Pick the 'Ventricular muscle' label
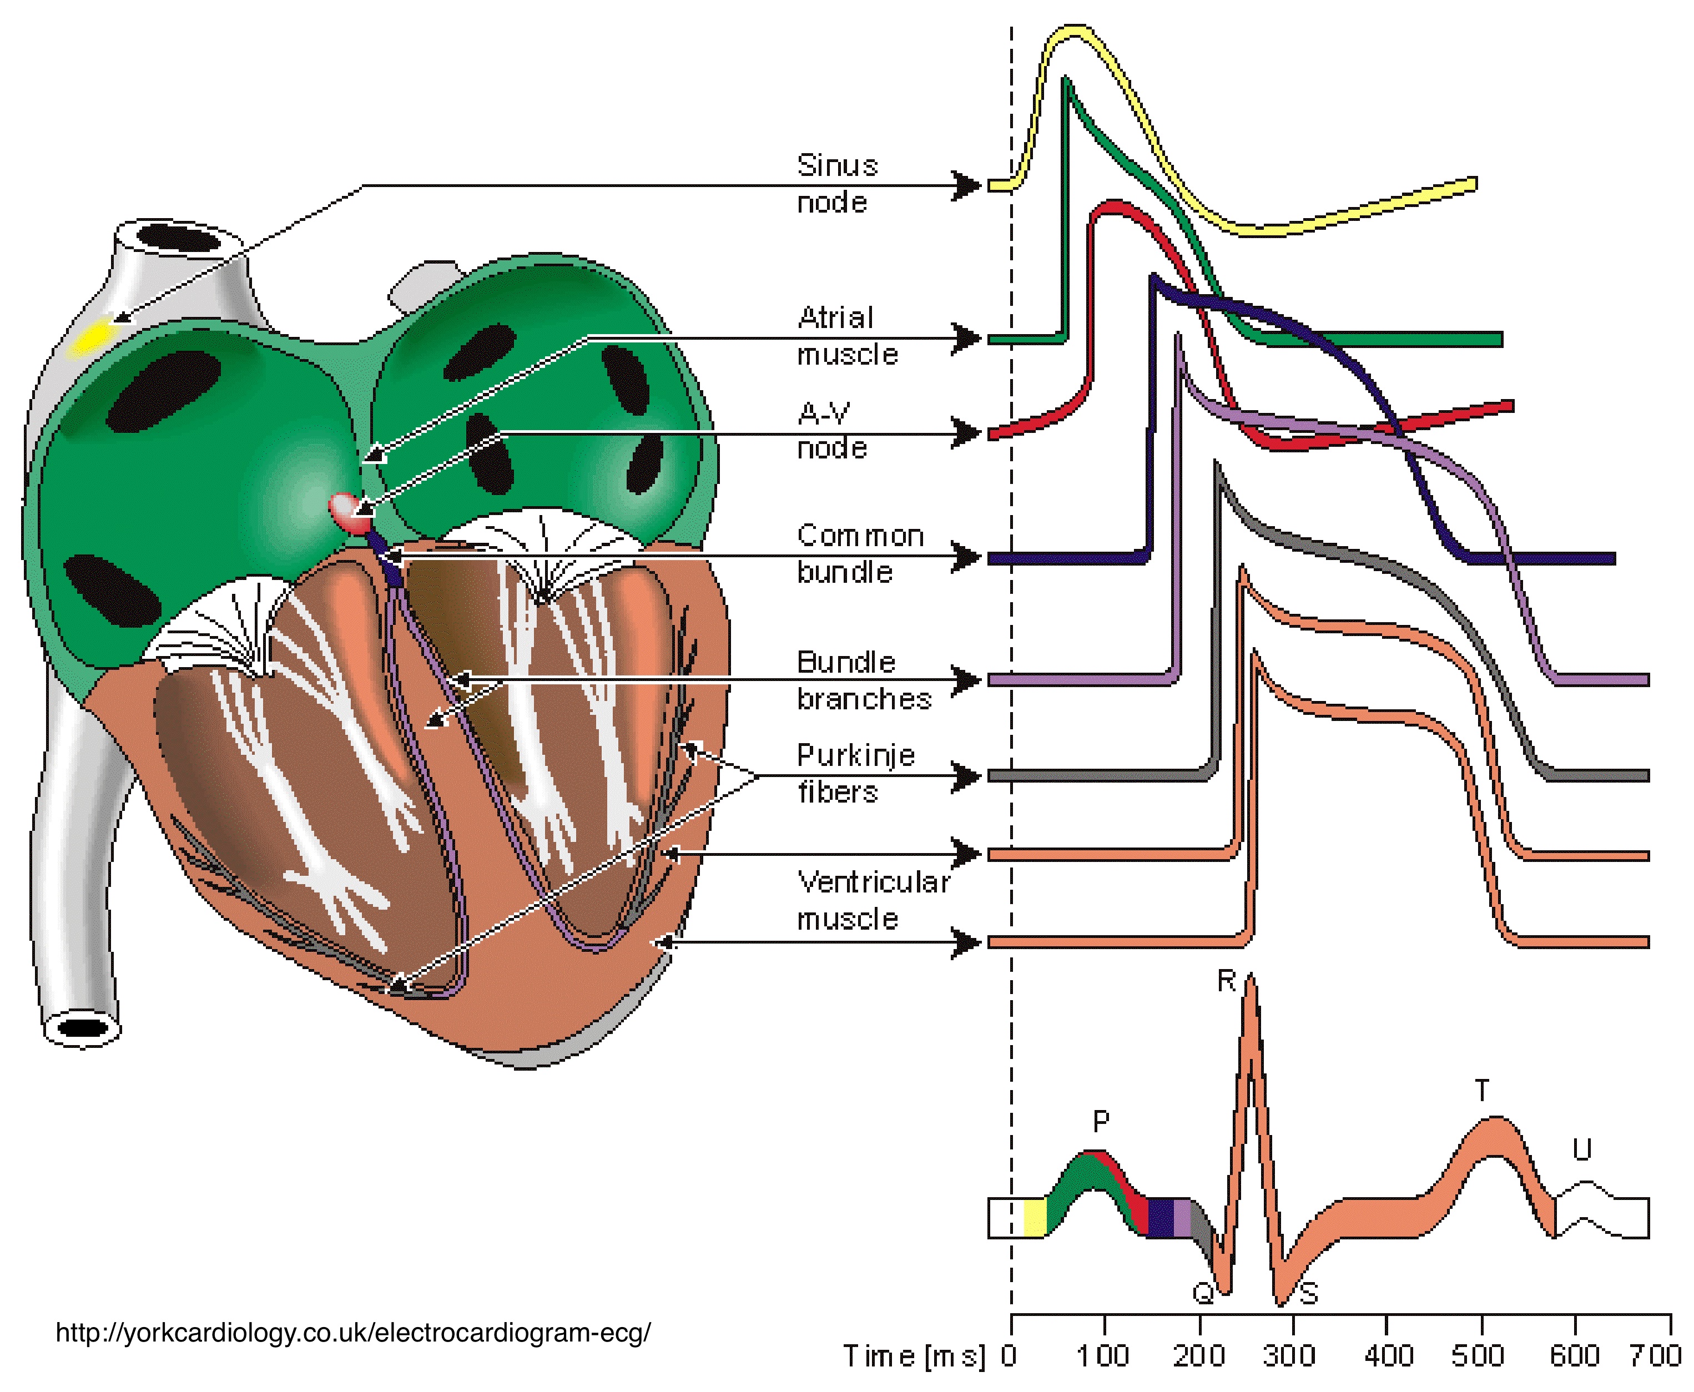click(x=872, y=900)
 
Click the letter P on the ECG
click(x=1101, y=1121)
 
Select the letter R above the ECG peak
click(x=1226, y=981)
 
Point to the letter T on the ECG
click(x=1481, y=1091)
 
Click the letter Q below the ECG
click(x=1203, y=1293)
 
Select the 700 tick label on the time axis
click(x=1655, y=1356)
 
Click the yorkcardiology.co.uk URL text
click(x=353, y=1333)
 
